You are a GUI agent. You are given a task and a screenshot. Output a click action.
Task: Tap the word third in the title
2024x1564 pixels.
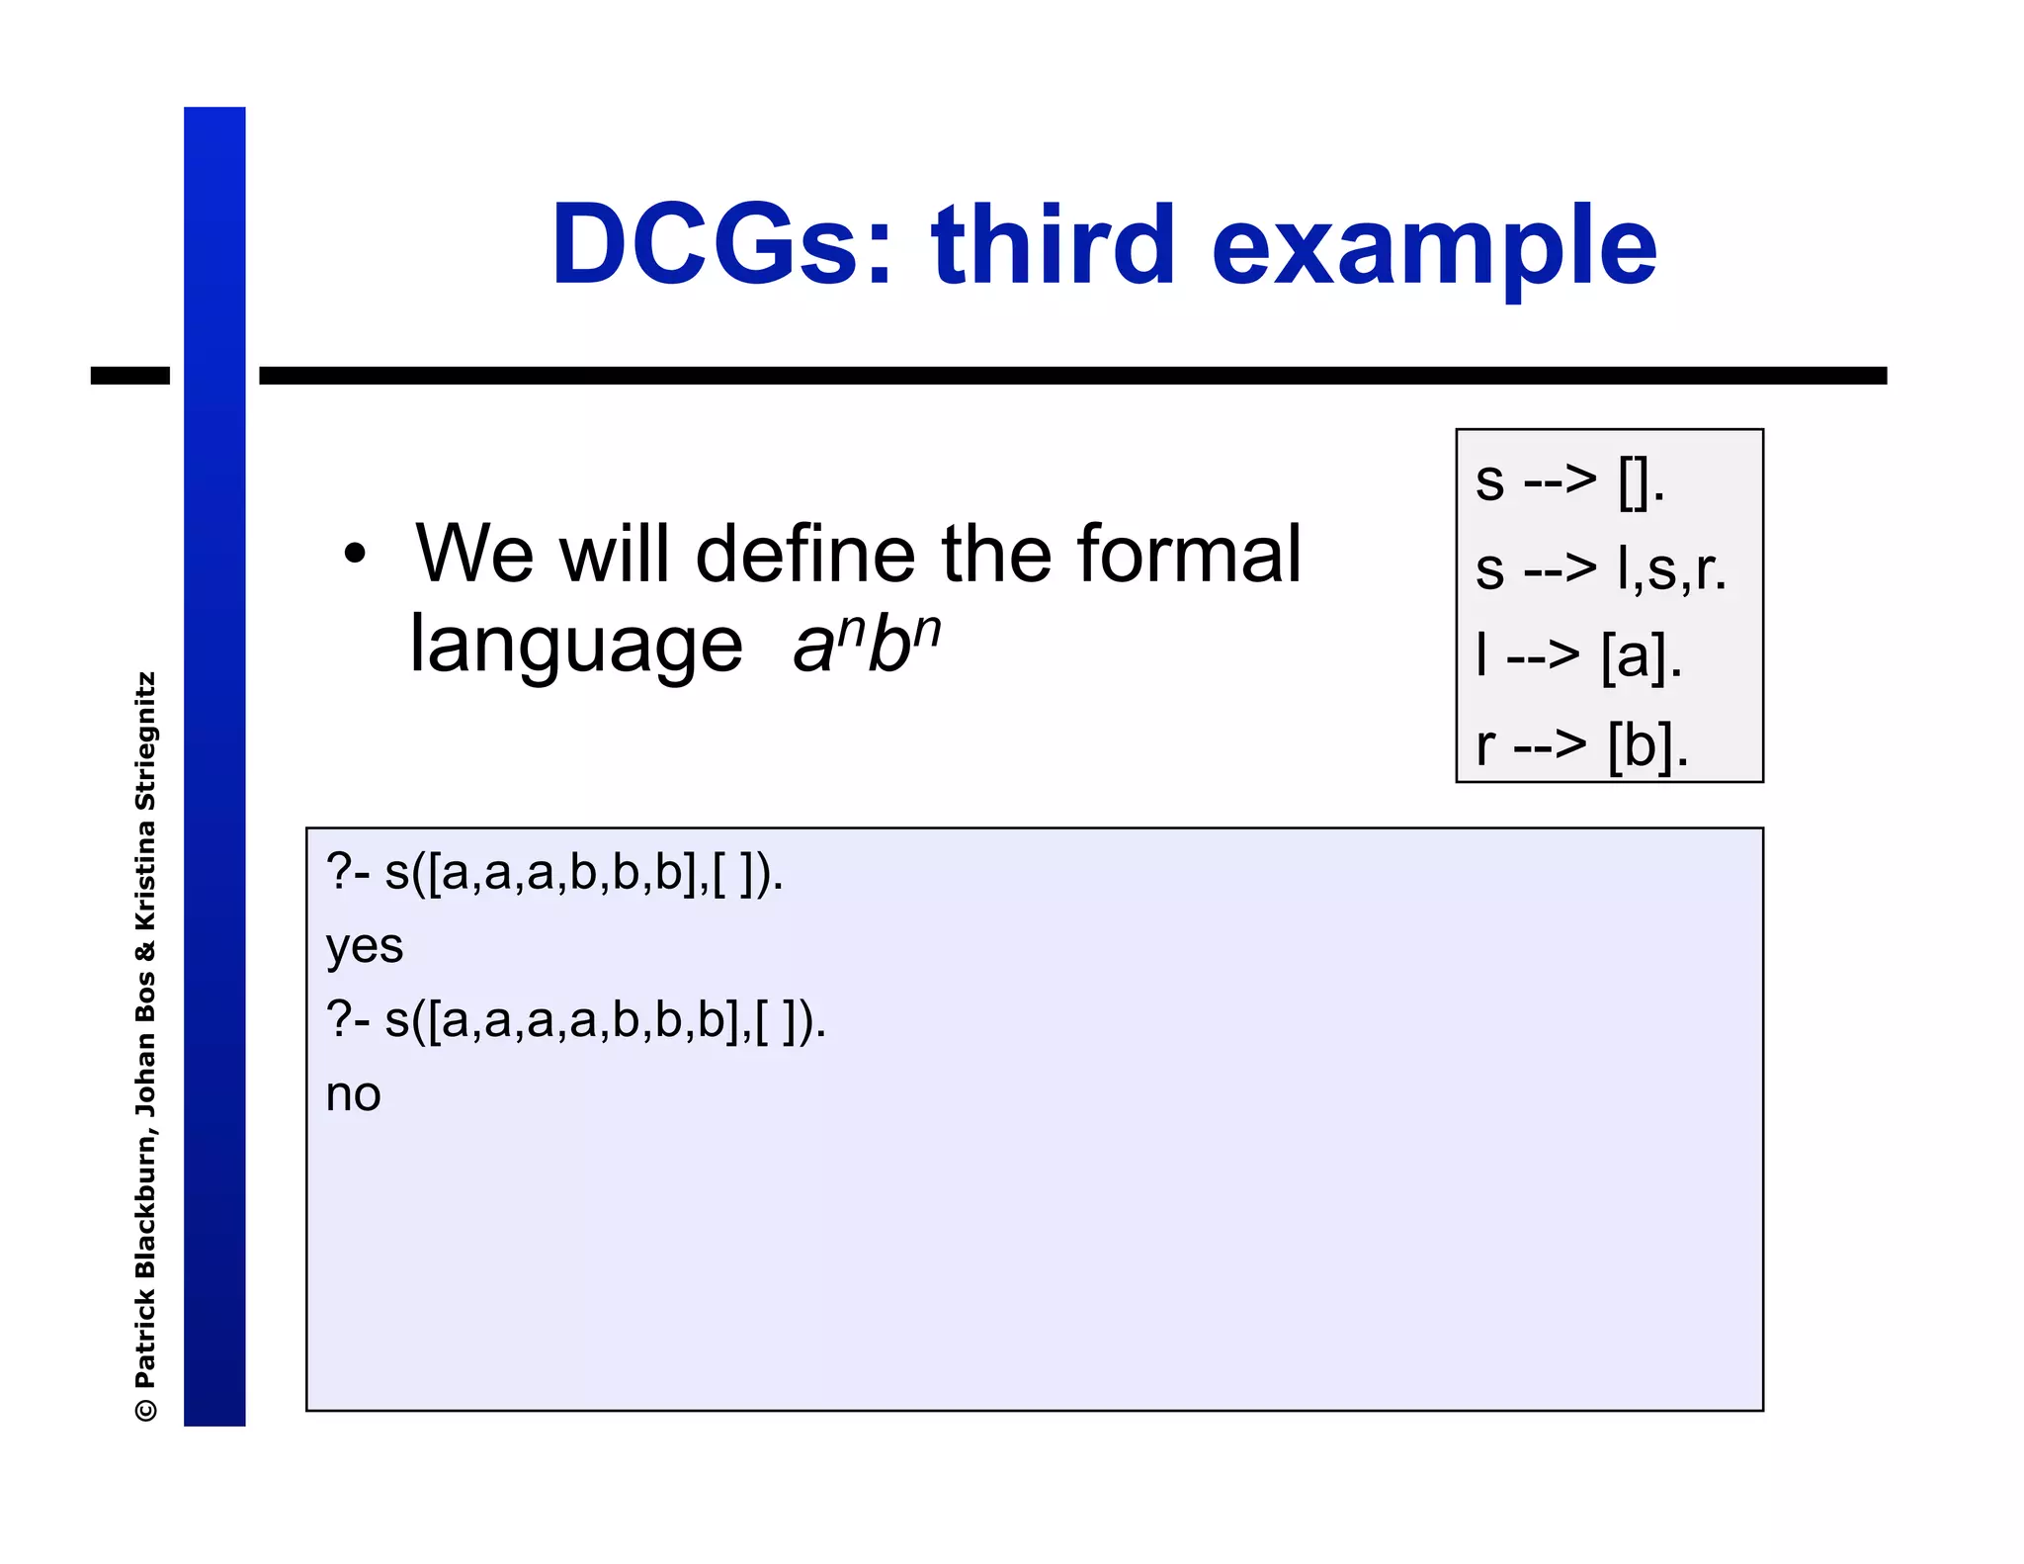[x=1053, y=245]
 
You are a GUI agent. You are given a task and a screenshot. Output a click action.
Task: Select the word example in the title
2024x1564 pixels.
[x=1433, y=247]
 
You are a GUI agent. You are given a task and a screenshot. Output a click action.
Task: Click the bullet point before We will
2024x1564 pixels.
[x=355, y=555]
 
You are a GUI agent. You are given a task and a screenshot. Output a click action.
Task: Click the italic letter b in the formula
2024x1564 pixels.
[x=886, y=648]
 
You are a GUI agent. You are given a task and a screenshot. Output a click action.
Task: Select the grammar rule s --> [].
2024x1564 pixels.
[x=1569, y=481]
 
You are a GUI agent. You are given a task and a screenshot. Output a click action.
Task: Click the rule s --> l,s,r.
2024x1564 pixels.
[x=1600, y=569]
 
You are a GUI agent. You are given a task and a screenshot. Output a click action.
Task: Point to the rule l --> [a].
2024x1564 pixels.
[x=1578, y=656]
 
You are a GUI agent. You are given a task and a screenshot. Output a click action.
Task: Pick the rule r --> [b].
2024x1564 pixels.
[x=1581, y=745]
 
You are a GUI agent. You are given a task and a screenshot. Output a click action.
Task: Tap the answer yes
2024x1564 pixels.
[x=364, y=947]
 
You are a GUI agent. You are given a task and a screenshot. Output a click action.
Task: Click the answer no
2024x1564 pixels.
[x=353, y=1095]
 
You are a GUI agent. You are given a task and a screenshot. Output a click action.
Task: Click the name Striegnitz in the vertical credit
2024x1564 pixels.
[x=145, y=741]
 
